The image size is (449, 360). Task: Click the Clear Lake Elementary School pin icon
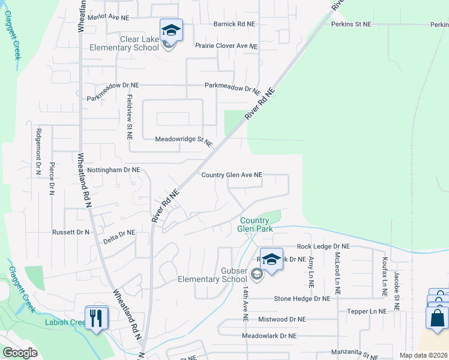click(171, 29)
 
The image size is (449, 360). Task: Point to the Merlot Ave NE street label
click(108, 18)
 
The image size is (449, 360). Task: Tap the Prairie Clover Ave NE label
click(226, 46)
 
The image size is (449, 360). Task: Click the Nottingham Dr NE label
click(113, 170)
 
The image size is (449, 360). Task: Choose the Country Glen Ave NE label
click(232, 175)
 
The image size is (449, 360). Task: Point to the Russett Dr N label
click(70, 232)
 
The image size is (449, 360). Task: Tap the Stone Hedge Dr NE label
click(302, 298)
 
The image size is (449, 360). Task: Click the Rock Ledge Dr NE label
click(324, 247)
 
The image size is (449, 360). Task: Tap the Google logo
click(20, 353)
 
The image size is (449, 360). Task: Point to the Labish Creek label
click(65, 322)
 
